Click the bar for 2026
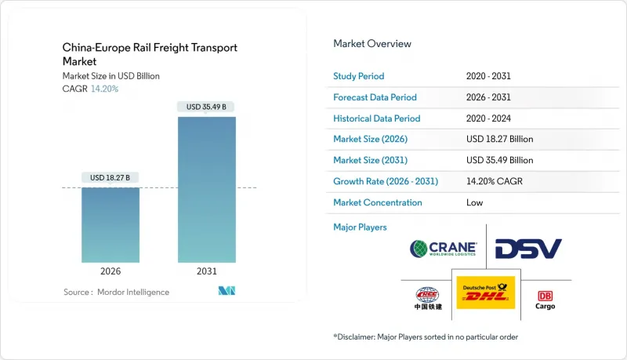111,224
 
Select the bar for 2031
206,189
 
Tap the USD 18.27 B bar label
111,178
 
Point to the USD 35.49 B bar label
206,107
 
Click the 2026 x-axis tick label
111,271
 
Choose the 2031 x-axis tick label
206,271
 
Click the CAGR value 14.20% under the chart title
105,89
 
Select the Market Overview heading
372,43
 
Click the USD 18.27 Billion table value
499,139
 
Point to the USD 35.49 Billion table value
499,160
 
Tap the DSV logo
528,249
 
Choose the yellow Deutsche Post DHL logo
485,292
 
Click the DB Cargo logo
545,300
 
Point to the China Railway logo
428,298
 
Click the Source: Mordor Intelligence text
116,292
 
